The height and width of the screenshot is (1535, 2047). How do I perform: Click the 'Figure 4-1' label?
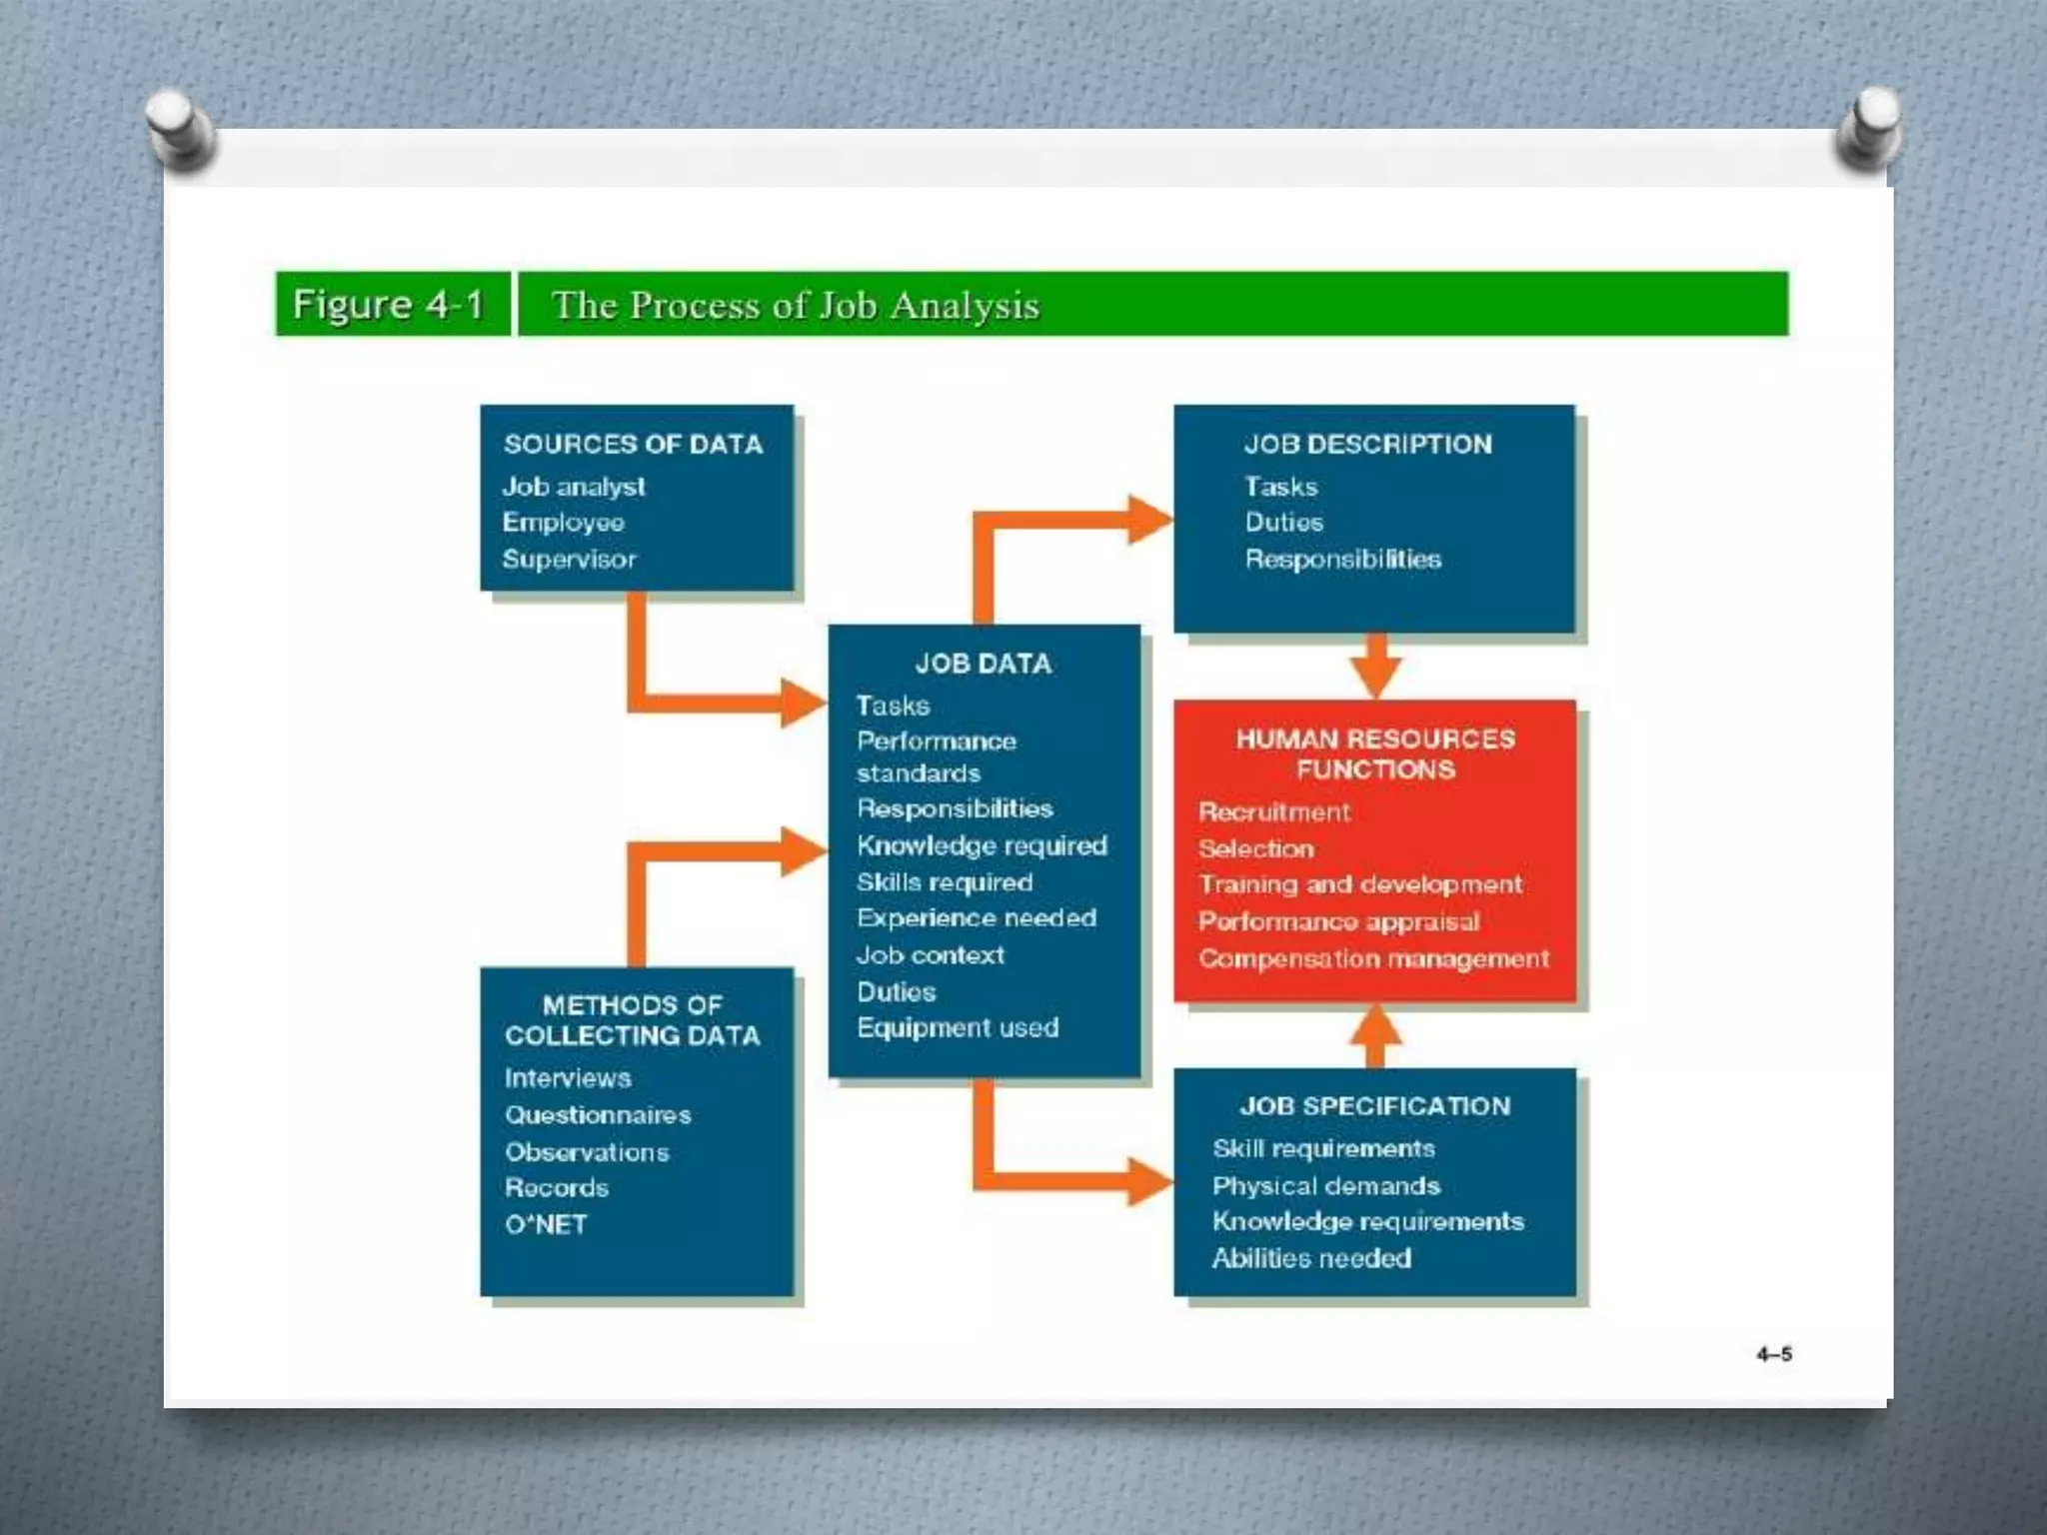pos(388,304)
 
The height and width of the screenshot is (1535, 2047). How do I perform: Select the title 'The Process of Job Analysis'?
pos(796,305)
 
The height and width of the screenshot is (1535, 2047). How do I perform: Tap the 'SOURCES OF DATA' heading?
pos(633,444)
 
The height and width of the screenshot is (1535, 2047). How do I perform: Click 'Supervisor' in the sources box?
pos(569,559)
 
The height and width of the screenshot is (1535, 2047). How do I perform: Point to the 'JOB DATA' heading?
pos(984,664)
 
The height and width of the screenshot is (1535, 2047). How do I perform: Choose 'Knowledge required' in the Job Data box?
pos(982,845)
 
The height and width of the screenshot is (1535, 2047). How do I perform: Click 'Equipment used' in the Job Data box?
pos(958,1027)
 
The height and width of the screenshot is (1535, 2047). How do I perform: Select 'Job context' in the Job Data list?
pos(930,954)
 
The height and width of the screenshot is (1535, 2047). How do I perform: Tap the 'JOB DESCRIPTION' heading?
pos(1367,444)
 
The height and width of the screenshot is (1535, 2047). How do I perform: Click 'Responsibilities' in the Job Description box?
pos(1342,559)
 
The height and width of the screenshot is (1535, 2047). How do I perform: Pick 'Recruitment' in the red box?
pos(1274,811)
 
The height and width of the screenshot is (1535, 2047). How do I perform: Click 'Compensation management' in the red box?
pos(1373,958)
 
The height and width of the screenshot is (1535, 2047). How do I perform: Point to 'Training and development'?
pos(1359,884)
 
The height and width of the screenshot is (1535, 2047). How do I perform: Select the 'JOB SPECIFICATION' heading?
pos(1375,1106)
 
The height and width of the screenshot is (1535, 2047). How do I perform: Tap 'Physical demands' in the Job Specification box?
pos(1325,1185)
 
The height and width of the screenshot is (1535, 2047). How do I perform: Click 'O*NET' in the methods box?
pos(546,1224)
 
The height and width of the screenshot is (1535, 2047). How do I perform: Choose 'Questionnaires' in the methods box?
pos(598,1114)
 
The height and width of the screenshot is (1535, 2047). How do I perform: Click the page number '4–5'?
pos(1774,1354)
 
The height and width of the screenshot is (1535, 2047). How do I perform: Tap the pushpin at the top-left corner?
pos(179,126)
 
